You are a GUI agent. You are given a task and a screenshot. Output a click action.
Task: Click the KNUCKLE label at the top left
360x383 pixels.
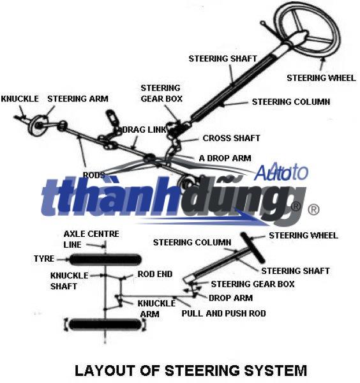(20, 99)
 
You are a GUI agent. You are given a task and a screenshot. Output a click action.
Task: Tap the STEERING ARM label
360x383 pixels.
(78, 99)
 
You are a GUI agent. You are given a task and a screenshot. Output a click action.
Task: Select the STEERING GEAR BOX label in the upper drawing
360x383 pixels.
(161, 93)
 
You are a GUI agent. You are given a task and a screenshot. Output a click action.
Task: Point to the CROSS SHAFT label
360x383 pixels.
(231, 138)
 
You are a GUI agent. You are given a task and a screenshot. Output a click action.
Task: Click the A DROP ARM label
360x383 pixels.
(225, 158)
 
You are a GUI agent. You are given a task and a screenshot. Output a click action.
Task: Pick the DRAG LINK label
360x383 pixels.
(144, 130)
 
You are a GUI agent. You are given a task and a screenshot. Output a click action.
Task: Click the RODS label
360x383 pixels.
(94, 175)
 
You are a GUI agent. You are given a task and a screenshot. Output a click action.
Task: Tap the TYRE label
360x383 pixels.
(44, 259)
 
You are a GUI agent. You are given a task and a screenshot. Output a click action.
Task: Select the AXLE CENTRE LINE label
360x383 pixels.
(91, 239)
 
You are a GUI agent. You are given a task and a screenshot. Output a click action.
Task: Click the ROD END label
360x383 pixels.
(155, 274)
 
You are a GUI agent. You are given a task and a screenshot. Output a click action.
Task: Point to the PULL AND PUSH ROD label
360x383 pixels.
(223, 313)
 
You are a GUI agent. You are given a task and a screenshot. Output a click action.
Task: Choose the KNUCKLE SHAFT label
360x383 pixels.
(70, 281)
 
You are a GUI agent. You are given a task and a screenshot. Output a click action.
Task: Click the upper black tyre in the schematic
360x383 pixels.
(105, 259)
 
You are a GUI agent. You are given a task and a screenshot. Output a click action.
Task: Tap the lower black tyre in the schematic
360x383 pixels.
(105, 325)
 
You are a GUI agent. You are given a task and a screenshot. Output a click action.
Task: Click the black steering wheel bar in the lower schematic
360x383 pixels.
(253, 248)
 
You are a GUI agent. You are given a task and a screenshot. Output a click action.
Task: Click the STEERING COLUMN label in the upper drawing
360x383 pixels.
(291, 101)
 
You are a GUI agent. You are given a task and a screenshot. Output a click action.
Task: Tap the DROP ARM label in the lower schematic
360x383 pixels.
(231, 298)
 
